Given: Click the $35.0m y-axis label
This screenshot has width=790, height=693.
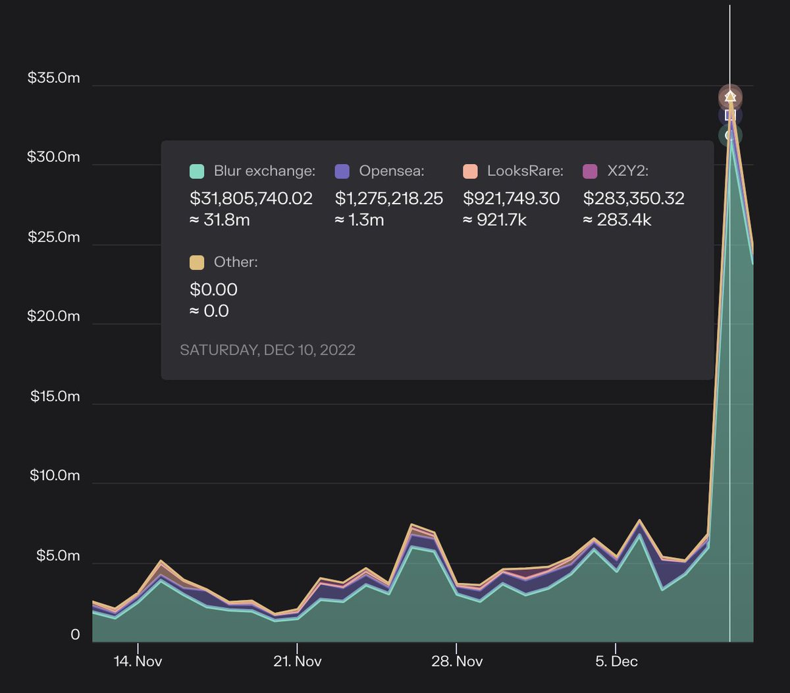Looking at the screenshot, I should [x=53, y=78].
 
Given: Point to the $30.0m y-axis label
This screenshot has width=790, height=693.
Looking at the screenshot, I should [x=53, y=157].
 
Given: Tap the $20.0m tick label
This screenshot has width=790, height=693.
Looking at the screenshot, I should [x=53, y=316].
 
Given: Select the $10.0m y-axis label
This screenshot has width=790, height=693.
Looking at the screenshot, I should [x=55, y=476].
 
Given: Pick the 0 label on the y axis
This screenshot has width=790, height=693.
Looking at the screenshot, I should [x=75, y=634].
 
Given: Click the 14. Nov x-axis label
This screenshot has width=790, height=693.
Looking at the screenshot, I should [x=138, y=661].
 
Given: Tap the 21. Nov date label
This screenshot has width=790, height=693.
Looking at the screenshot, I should [x=297, y=661].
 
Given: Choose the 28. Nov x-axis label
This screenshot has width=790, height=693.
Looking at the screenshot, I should [x=457, y=661].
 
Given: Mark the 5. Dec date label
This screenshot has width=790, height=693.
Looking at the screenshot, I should [x=616, y=661].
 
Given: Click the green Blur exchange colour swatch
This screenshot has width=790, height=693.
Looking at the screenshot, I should [x=197, y=171].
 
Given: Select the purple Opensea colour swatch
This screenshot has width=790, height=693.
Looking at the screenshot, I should [x=342, y=171].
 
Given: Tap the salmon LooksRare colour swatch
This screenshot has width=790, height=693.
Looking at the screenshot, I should [x=470, y=171].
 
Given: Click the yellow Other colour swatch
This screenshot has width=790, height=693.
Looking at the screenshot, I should [x=197, y=262].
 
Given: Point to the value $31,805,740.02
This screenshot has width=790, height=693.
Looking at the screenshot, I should [x=251, y=198].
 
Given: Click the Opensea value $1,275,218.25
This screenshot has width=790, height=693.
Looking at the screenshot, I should [x=389, y=198].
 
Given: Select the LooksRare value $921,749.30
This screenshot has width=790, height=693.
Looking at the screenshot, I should [x=512, y=198].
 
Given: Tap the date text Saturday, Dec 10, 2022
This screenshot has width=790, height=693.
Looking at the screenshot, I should [x=267, y=350].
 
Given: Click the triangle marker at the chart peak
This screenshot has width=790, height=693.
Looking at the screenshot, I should [x=729, y=97].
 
